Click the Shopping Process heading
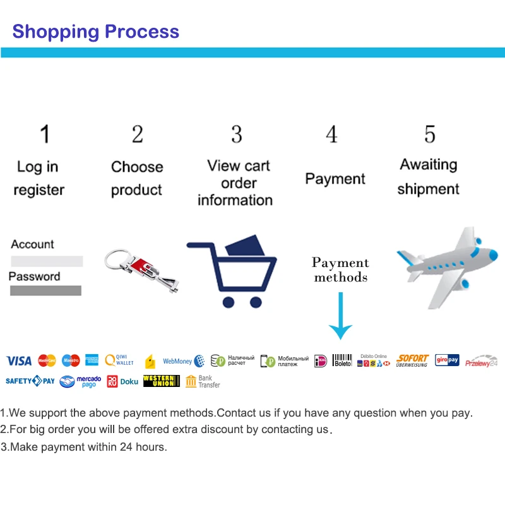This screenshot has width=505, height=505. click(x=96, y=31)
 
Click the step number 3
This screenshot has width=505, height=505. click(x=236, y=134)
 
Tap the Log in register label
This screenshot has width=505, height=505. click(x=39, y=178)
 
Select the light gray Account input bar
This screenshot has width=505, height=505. click(x=47, y=261)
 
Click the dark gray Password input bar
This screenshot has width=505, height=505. click(x=45, y=290)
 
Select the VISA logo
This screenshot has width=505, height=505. click(x=19, y=360)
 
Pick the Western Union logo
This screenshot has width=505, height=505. click(x=161, y=381)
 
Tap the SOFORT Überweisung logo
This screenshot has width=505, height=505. click(x=412, y=360)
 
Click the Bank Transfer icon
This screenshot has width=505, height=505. click(x=203, y=381)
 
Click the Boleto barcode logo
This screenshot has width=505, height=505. click(x=342, y=360)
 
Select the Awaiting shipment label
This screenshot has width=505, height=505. click(x=429, y=177)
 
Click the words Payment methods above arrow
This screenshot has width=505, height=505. click(x=340, y=270)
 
